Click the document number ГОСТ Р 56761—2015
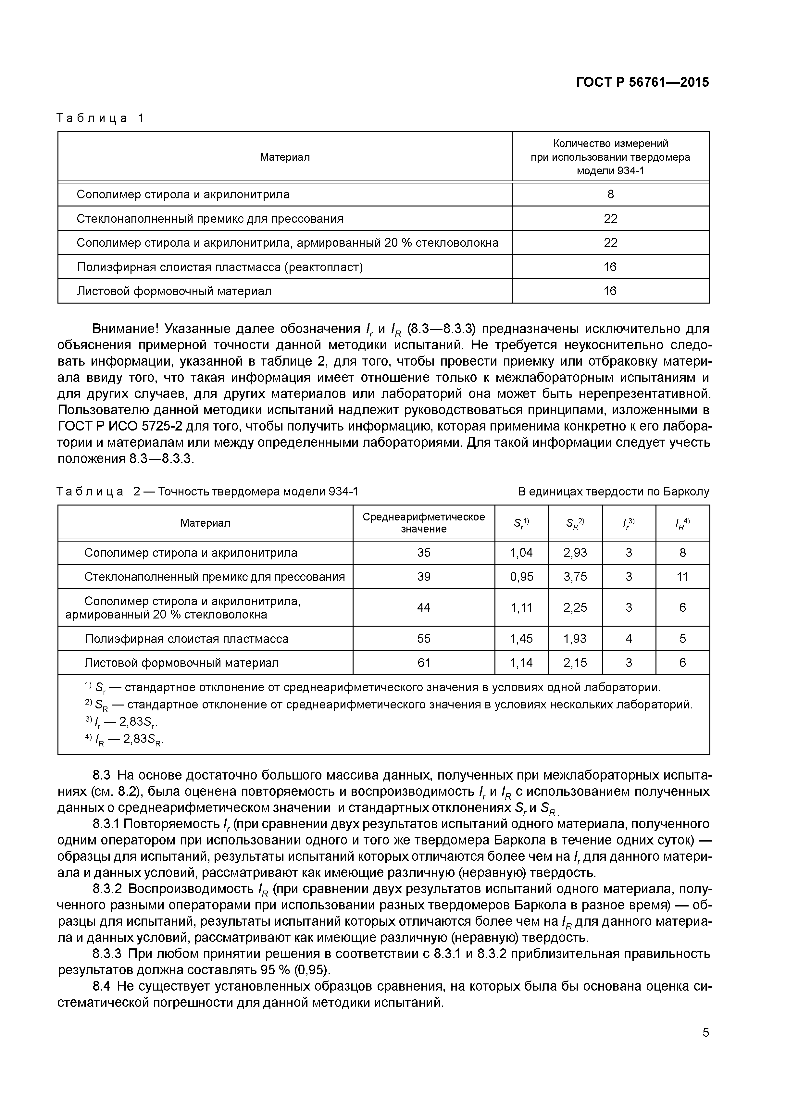642,82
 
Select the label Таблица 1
100,118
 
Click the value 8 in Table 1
610,194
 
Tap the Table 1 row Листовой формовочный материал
174,291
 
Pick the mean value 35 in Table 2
423,553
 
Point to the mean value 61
423,663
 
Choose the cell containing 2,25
575,607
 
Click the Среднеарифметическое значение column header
423,523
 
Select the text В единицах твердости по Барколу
613,492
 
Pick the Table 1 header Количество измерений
610,144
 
